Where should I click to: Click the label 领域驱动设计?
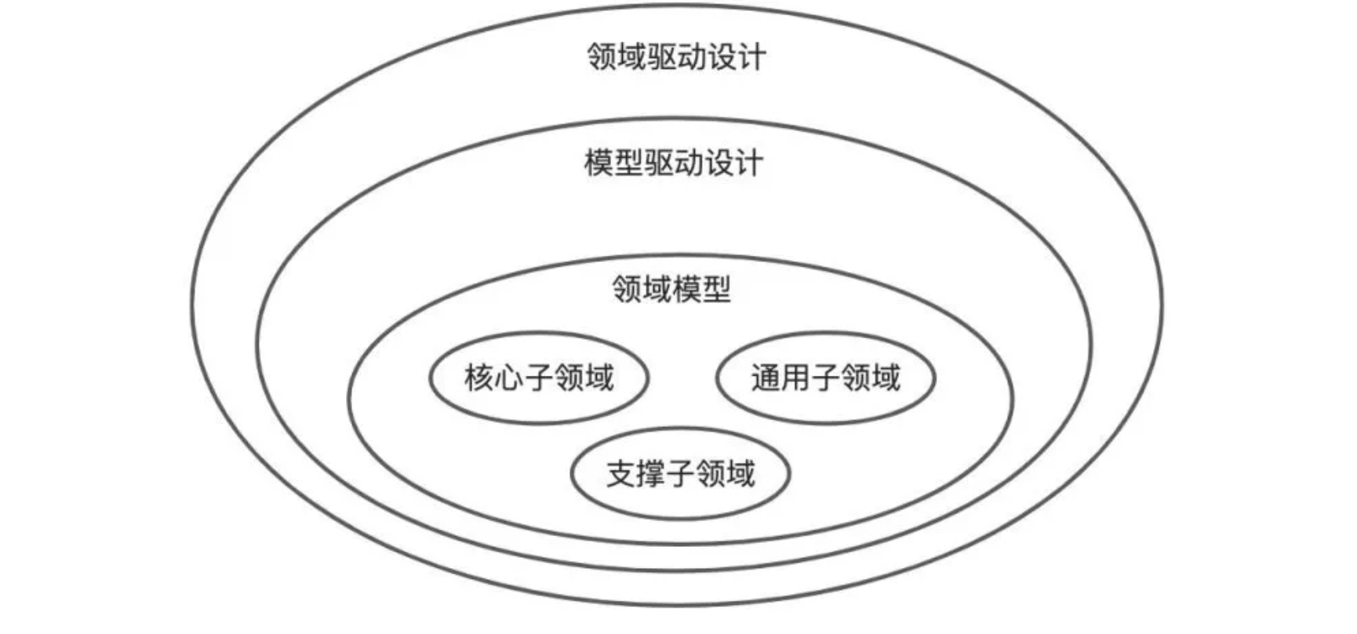point(676,57)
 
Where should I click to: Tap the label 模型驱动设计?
point(673,163)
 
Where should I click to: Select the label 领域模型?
point(671,289)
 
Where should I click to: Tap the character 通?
point(766,377)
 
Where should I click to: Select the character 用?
point(795,377)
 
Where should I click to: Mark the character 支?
point(620,474)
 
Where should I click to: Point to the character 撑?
point(650,474)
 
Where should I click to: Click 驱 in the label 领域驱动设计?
point(661,57)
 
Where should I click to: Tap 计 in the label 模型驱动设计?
point(748,163)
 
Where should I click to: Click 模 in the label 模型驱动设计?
point(598,163)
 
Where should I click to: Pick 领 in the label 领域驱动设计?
point(602,57)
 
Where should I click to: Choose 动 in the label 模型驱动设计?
point(688,163)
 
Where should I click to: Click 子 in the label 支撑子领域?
point(680,474)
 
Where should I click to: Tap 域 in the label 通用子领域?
point(885,377)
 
